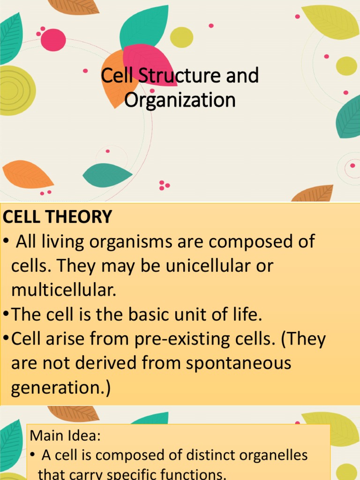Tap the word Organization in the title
(180, 100)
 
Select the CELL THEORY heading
(58, 217)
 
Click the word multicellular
(63, 291)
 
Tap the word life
(244, 315)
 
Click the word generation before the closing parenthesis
(56, 388)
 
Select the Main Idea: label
(65, 436)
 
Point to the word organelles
(266, 455)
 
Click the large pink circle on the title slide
(53, 40)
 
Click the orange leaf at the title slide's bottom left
(27, 175)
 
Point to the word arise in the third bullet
(74, 339)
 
